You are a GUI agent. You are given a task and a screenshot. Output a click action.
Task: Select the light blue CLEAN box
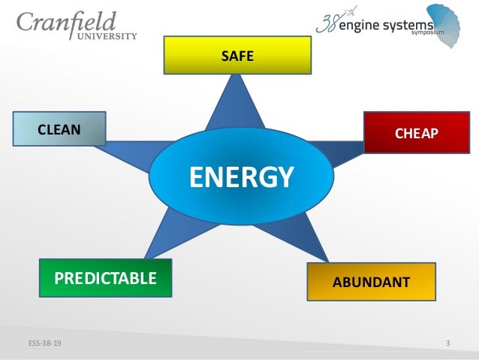tap(59, 129)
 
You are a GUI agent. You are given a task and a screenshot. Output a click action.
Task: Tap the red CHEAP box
tap(411, 133)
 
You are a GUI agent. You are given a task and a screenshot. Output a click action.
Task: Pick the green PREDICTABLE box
tap(105, 279)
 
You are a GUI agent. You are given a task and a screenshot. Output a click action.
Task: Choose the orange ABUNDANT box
tap(371, 282)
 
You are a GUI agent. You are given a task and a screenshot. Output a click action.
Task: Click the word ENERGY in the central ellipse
tap(240, 177)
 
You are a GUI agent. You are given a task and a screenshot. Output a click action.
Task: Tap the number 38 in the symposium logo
tap(328, 23)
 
